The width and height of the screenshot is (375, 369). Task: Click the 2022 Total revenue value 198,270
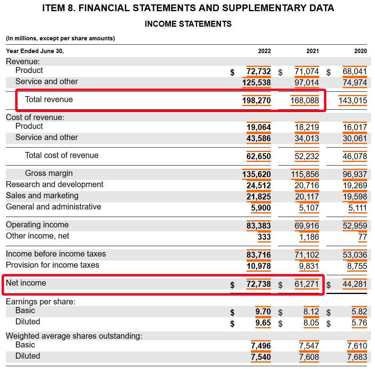coord(256,101)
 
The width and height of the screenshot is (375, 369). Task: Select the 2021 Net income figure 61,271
coord(306,284)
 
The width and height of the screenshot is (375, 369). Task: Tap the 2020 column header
coord(360,51)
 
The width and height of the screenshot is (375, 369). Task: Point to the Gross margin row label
coord(49,173)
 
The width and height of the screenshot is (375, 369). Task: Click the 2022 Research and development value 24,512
coord(259,185)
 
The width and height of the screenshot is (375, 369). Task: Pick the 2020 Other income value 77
coord(362,237)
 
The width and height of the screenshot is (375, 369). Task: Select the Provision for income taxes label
coord(52,265)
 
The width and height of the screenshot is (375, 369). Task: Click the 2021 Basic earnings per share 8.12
coord(311,312)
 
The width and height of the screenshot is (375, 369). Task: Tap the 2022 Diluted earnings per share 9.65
coord(263,322)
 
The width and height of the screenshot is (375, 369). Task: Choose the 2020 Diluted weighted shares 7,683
coord(357,357)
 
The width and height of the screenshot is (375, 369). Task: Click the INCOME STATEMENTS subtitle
coord(188,24)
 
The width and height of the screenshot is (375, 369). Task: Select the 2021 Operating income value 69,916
coord(306,226)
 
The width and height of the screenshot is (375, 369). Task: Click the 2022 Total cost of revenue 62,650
coord(259,156)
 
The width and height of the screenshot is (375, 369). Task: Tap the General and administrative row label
coord(53,207)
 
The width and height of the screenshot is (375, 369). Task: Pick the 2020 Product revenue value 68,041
coord(355,71)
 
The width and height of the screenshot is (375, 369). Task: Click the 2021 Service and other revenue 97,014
coord(306,83)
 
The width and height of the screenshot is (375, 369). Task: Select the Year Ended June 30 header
coord(35,51)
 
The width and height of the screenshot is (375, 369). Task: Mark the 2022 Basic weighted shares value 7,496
coord(261,346)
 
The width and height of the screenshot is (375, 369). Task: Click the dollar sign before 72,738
coord(232,285)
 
